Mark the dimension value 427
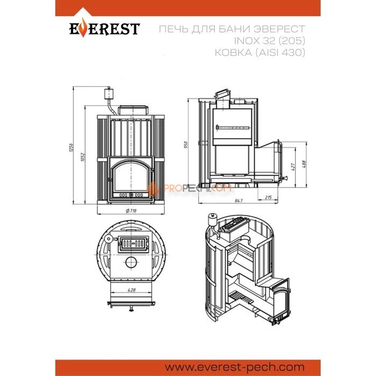(293, 167)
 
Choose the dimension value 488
(303, 164)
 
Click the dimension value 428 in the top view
(132, 290)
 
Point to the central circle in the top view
(131, 262)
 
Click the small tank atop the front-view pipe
(107, 94)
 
